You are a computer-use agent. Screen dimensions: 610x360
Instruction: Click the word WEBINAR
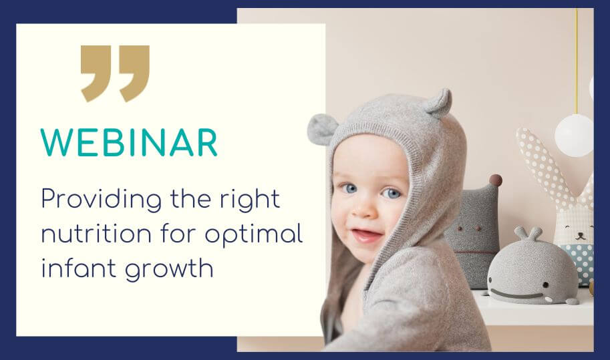(129, 143)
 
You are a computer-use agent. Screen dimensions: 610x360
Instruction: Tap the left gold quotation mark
(96, 73)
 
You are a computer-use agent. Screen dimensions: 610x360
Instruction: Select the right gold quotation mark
(134, 73)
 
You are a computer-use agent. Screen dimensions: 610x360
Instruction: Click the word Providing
(101, 200)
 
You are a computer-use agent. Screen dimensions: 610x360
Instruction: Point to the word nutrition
(96, 234)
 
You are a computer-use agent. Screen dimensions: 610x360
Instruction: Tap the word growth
(169, 269)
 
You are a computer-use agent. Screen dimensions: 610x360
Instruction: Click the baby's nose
(363, 210)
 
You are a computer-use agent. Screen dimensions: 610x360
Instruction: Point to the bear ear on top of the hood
(439, 103)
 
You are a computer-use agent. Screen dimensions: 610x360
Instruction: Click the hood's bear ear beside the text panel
(322, 130)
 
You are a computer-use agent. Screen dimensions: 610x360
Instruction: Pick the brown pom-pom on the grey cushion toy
(495, 180)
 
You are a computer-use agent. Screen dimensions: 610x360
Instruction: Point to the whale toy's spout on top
(528, 233)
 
